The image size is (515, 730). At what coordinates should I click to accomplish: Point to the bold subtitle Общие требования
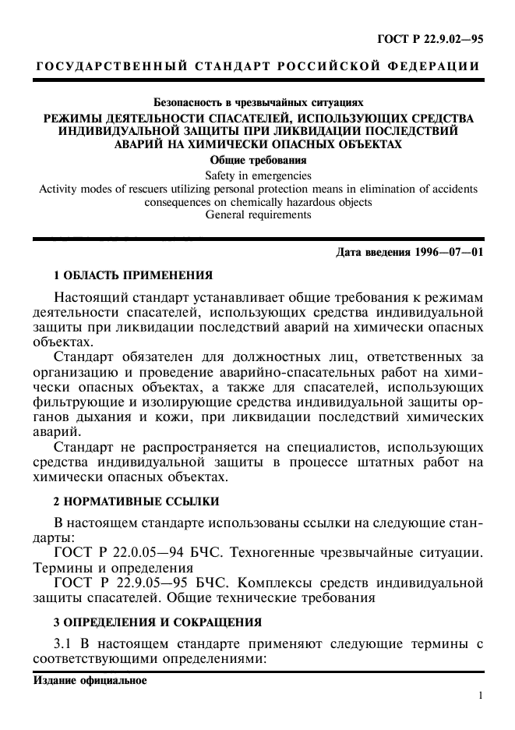coord(257,160)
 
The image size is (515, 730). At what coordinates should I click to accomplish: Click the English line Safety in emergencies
coord(257,175)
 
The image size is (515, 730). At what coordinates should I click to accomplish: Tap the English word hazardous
coord(297,202)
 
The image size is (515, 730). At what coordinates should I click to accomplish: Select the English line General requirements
coord(257,215)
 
